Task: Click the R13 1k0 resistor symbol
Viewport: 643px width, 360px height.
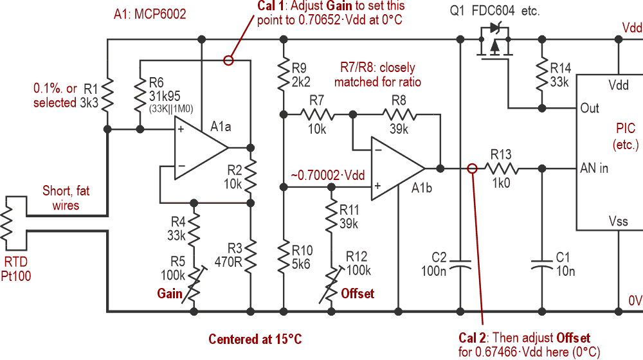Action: pos(502,168)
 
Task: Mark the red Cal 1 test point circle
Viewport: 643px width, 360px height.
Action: pos(227,60)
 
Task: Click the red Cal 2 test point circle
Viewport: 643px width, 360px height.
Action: pos(472,168)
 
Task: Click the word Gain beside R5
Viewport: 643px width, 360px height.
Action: pos(170,293)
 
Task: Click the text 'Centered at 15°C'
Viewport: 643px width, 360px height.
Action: pos(255,339)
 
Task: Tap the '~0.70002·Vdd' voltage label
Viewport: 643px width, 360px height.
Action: pos(328,175)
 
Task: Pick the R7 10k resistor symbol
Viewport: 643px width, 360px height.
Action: pos(317,114)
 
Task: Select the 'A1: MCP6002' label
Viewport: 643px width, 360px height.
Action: pos(152,14)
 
